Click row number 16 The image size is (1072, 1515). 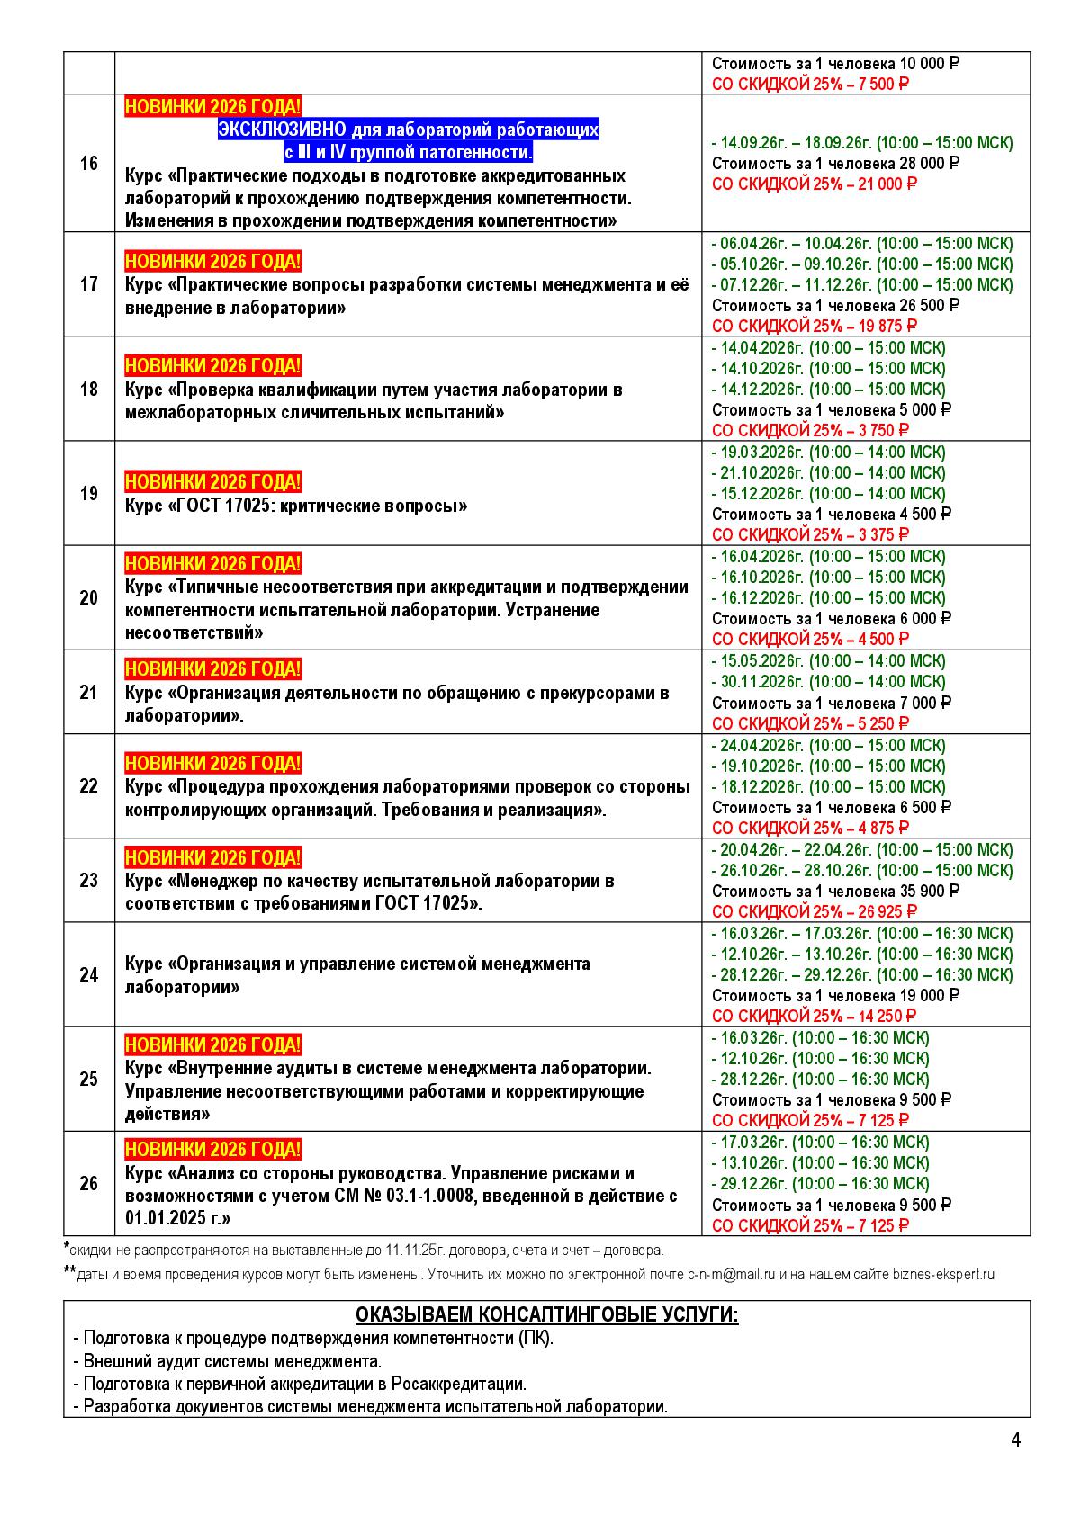click(88, 164)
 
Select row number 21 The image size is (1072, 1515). click(88, 692)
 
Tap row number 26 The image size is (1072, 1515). click(88, 1183)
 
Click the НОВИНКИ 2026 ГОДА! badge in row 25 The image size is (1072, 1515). click(213, 1045)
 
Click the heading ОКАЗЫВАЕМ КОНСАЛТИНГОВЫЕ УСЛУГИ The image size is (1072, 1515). click(546, 1314)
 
